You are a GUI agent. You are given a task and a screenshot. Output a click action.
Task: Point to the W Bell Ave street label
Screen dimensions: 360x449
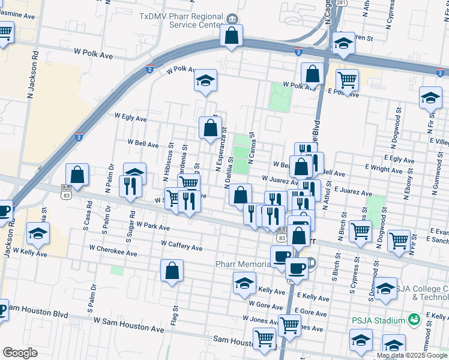tap(143, 144)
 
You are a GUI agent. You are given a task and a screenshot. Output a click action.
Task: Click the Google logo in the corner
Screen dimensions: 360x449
tap(20, 352)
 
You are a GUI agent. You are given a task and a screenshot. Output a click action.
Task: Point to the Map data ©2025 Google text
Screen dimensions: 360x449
tap(412, 355)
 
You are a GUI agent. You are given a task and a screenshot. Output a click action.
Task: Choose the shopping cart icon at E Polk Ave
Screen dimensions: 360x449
tap(347, 79)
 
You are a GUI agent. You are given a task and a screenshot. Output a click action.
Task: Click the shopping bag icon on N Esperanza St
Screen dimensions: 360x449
tap(210, 128)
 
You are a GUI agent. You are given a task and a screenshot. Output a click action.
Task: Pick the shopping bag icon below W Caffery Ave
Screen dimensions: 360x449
tap(172, 271)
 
